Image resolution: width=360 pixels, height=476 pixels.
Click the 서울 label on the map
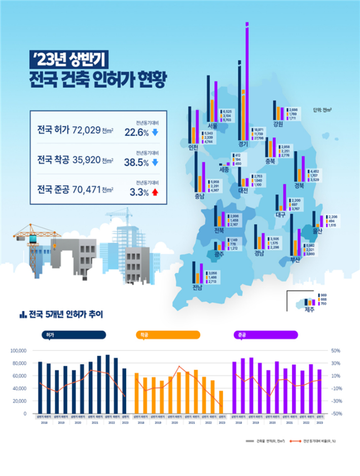(212, 125)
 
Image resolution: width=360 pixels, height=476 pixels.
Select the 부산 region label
(295, 260)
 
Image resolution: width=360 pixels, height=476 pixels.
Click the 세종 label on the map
(224, 170)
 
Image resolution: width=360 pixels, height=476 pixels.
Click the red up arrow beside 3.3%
(155, 192)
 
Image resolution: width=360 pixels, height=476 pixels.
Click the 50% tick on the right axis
(336, 351)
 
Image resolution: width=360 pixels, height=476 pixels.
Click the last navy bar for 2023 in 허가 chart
(125, 391)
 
